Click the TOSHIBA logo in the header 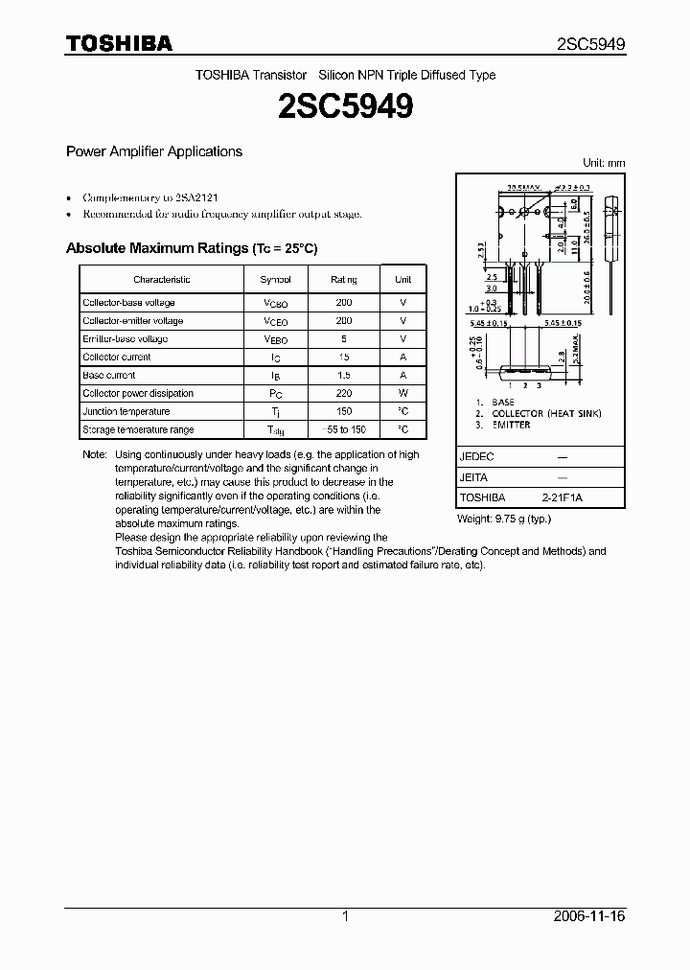[x=119, y=44]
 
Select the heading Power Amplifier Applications [x=153, y=151]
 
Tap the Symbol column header [x=275, y=279]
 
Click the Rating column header [x=344, y=279]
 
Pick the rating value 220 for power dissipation [x=344, y=393]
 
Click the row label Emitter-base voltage [x=125, y=339]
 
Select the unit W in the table [x=403, y=393]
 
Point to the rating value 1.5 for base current [x=344, y=376]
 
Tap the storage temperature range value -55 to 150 [x=344, y=429]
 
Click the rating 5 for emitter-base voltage [x=344, y=339]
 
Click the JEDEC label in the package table [x=476, y=457]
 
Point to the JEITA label [x=475, y=477]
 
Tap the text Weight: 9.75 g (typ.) [x=504, y=519]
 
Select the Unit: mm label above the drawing [x=604, y=163]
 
